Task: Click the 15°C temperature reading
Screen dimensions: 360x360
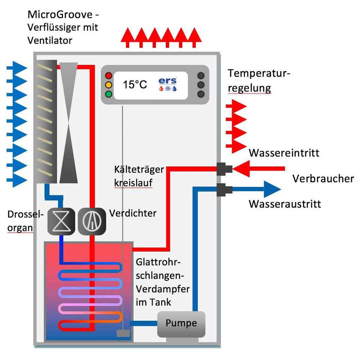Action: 135,85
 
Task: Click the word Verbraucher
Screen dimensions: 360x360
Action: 323,178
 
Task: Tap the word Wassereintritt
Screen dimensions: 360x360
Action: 284,153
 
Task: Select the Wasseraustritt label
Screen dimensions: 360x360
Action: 285,204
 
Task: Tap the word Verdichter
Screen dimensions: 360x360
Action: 133,213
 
